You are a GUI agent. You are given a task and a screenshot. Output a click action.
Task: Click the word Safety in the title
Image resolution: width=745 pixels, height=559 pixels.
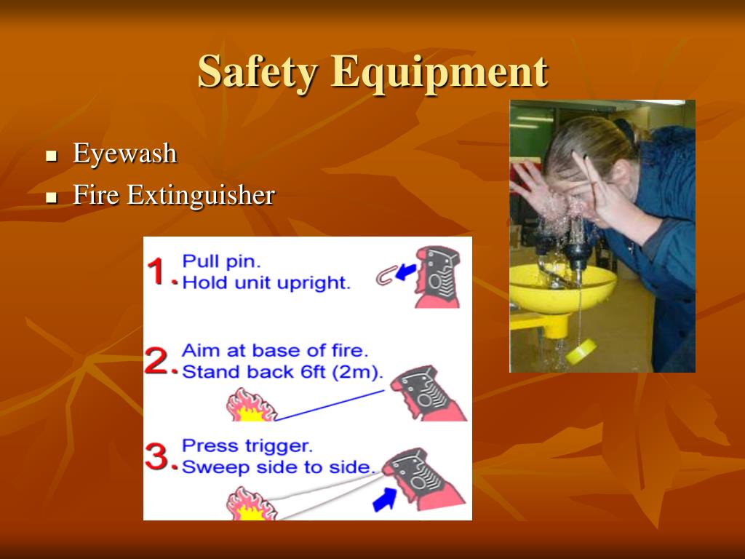[257, 72]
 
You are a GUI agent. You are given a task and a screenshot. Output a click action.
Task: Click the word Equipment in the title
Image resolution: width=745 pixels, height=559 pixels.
[439, 72]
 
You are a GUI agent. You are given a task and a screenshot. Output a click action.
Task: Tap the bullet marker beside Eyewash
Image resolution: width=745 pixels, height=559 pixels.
[52, 156]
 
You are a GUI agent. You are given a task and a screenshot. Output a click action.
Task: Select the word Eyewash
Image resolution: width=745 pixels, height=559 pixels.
[125, 153]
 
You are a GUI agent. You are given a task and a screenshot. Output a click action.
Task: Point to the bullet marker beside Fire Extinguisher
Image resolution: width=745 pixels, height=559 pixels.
[52, 197]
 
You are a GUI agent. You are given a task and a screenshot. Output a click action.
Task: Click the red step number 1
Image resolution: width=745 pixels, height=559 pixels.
[158, 271]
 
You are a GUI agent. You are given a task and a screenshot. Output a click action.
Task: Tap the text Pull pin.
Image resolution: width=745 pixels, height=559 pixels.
[221, 261]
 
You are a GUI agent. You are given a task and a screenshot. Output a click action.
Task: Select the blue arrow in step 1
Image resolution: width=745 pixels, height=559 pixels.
[406, 272]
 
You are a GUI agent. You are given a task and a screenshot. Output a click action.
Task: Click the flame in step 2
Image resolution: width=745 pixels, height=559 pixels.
[251, 405]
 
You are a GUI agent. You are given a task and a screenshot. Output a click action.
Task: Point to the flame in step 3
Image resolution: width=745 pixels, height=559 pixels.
[251, 504]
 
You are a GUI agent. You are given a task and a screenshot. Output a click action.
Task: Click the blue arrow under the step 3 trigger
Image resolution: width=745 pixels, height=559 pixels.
[384, 500]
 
